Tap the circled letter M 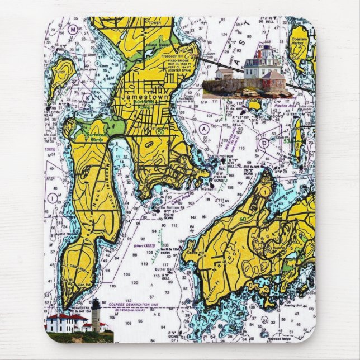pos(73,29)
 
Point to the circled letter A pos(205,129)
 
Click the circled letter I pos(52,198)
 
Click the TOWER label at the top pos(155,23)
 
